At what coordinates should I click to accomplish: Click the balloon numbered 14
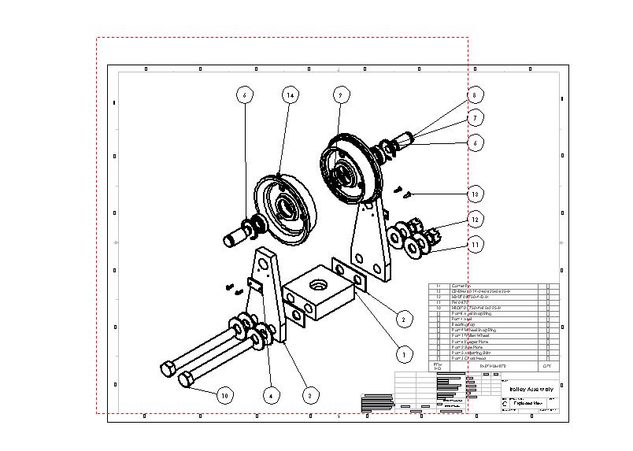(x=291, y=94)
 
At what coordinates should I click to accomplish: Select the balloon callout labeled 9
(x=339, y=94)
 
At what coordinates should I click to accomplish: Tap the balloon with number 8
(x=473, y=94)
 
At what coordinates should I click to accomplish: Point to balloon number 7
(x=474, y=118)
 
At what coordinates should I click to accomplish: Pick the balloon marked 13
(x=474, y=194)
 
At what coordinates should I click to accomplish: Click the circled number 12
(x=474, y=219)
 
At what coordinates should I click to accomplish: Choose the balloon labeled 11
(x=474, y=245)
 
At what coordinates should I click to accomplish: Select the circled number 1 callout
(x=403, y=355)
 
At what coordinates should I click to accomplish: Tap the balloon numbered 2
(x=403, y=319)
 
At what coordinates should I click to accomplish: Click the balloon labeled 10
(x=225, y=395)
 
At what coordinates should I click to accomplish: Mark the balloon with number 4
(x=270, y=395)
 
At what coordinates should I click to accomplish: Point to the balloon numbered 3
(x=311, y=395)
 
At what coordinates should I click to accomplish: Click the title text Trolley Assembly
(x=528, y=390)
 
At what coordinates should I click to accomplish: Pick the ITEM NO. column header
(x=439, y=366)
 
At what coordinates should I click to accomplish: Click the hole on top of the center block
(x=320, y=281)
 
